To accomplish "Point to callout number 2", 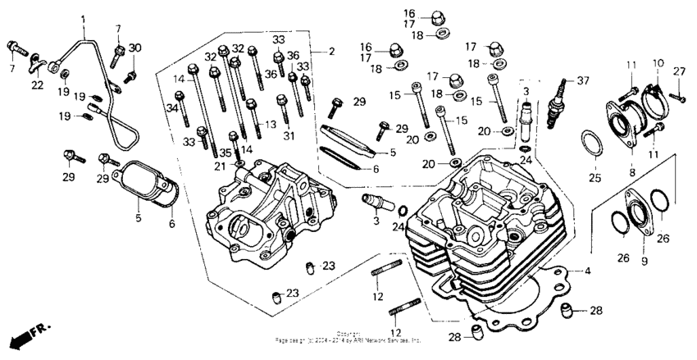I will click(x=331, y=52).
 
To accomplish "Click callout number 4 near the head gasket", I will click(x=586, y=270).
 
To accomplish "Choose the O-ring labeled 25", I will click(x=594, y=145).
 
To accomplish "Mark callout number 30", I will click(x=135, y=48).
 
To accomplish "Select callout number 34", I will click(x=174, y=107).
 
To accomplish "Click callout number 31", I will click(x=288, y=135).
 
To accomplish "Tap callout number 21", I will click(x=220, y=166).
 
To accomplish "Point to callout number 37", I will click(x=583, y=80).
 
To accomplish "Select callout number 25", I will click(x=594, y=176).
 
